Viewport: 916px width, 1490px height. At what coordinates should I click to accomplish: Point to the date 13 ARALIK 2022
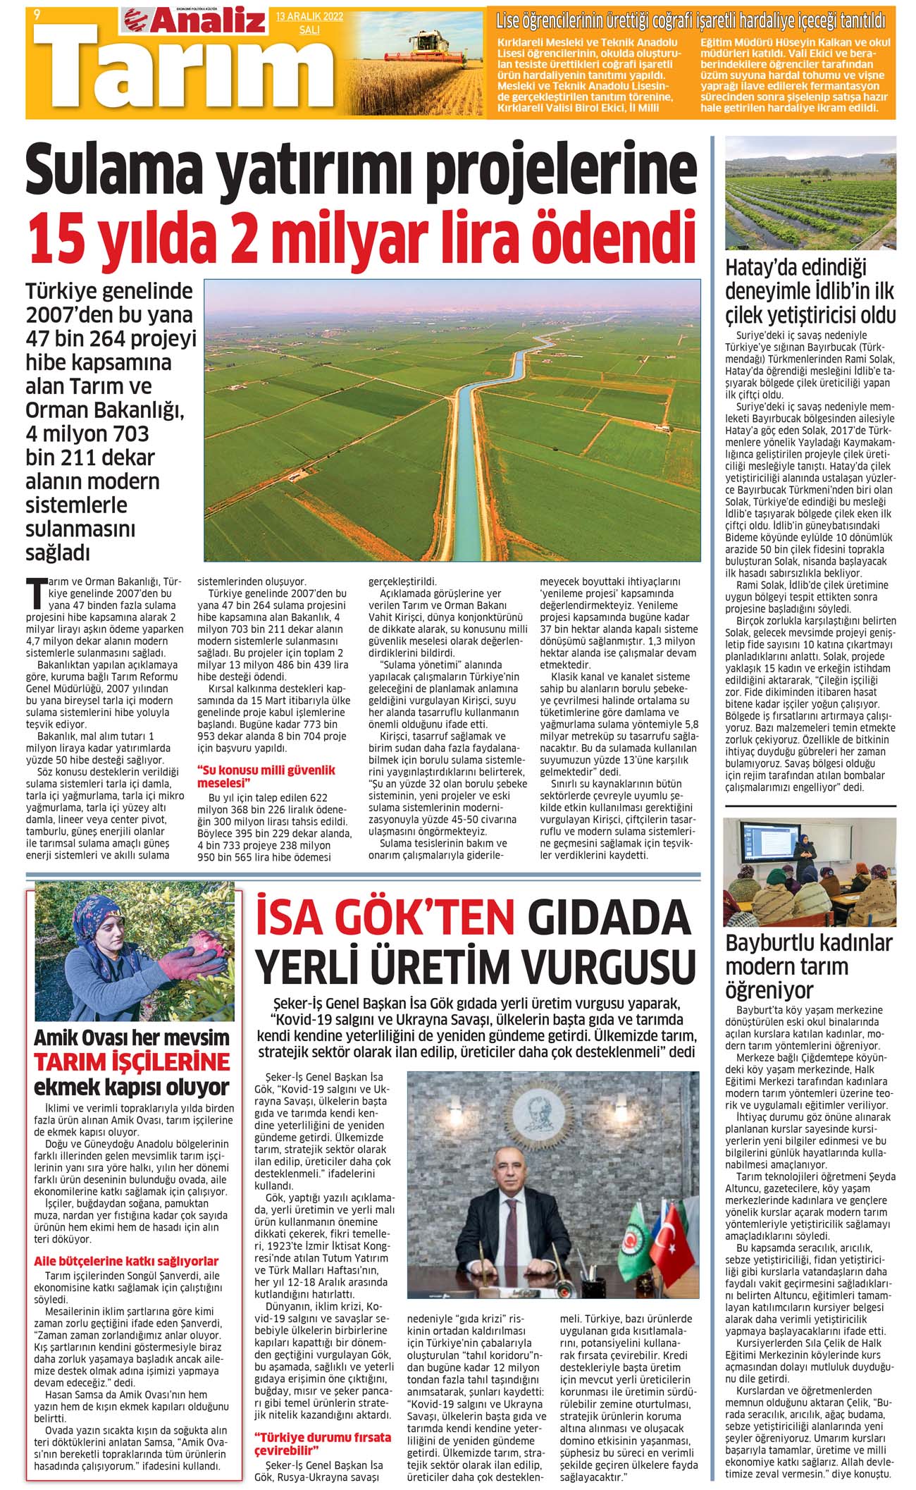pyautogui.click(x=309, y=17)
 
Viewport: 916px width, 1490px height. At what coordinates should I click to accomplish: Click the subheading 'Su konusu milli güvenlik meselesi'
pyautogui.click(x=266, y=776)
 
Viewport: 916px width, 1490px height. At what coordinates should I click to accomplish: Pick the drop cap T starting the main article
pyautogui.click(x=34, y=593)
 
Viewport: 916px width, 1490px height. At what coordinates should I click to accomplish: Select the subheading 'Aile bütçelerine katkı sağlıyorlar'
pyautogui.click(x=126, y=1261)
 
